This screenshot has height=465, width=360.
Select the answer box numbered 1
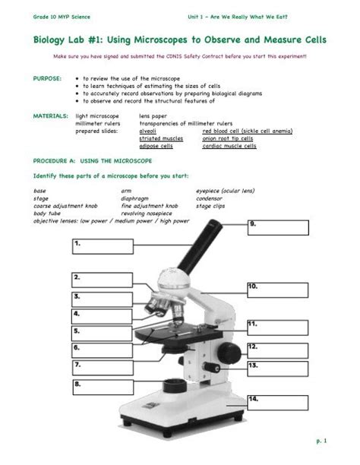pos(102,246)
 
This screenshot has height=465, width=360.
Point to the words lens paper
pos(154,115)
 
